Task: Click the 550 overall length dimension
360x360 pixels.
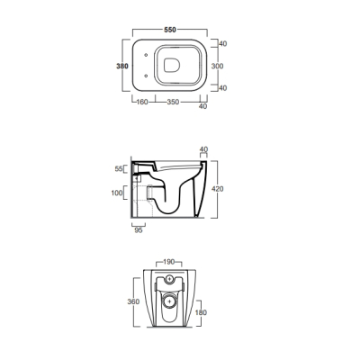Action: (x=170, y=30)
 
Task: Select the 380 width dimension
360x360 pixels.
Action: (x=122, y=66)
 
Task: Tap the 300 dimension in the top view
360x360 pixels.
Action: (x=217, y=66)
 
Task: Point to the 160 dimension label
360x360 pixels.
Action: (x=142, y=102)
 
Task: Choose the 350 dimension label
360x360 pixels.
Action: (x=173, y=102)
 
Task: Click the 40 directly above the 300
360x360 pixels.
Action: (x=222, y=44)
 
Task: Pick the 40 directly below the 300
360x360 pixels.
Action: (x=222, y=88)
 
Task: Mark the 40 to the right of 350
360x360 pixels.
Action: (x=203, y=106)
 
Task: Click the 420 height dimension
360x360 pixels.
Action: (x=218, y=189)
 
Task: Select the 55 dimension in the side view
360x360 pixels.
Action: (x=119, y=169)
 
